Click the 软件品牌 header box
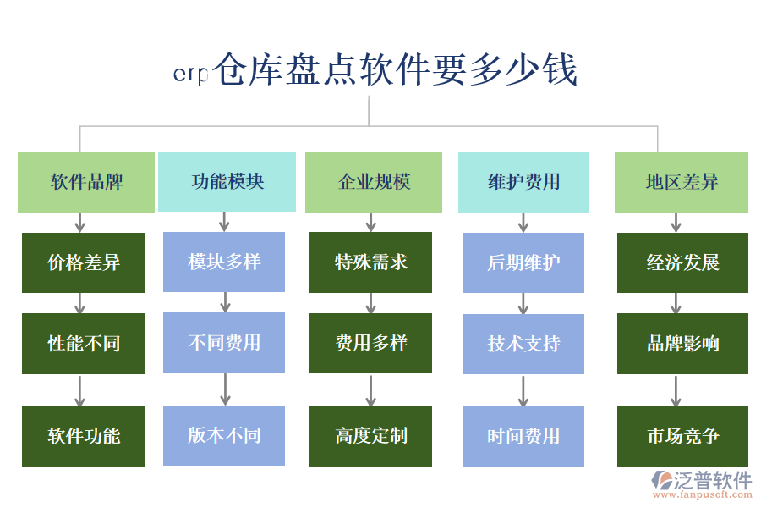pyautogui.click(x=86, y=182)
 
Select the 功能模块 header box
pyautogui.click(x=227, y=182)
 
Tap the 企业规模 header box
pyautogui.click(x=373, y=182)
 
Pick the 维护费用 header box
pyautogui.click(x=523, y=182)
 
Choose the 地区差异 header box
pyautogui.click(x=681, y=182)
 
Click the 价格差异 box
pyautogui.click(x=83, y=262)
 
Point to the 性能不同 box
pyautogui.click(x=83, y=344)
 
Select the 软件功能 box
pyautogui.click(x=83, y=436)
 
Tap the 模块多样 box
pyautogui.click(x=224, y=262)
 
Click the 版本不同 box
pyautogui.click(x=224, y=435)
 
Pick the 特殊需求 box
pyautogui.click(x=370, y=262)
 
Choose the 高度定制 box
pyautogui.click(x=370, y=435)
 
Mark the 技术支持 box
pyautogui.click(x=523, y=344)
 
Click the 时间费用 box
pyautogui.click(x=523, y=436)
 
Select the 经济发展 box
pyautogui.click(x=682, y=262)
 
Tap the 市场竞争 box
pyautogui.click(x=682, y=436)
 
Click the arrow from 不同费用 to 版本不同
pyautogui.click(x=225, y=389)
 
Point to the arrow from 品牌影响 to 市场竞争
pyautogui.click(x=676, y=390)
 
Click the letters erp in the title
pyautogui.click(x=190, y=75)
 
